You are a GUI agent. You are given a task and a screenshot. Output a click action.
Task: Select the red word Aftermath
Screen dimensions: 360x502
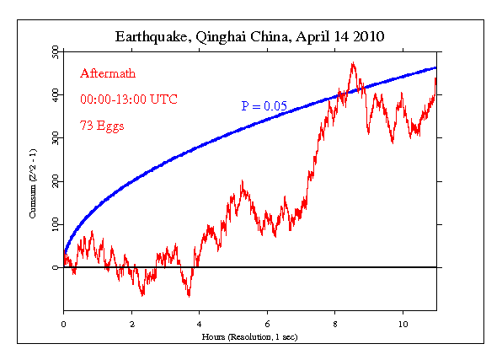coord(107,74)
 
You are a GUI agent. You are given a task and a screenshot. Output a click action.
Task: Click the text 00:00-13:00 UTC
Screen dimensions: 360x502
coord(125,100)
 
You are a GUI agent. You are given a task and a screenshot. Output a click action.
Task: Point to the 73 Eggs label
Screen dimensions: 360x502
coord(103,126)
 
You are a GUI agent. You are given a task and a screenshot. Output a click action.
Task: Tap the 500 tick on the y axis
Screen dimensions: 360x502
coord(54,52)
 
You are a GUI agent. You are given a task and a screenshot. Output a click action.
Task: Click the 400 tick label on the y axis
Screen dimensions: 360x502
coord(54,95)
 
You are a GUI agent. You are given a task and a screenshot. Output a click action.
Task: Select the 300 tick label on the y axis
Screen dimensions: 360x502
coord(54,138)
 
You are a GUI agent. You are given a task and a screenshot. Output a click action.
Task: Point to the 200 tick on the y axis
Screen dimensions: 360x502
coord(54,181)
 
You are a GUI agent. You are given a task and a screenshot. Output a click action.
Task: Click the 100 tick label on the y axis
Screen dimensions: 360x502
coord(54,224)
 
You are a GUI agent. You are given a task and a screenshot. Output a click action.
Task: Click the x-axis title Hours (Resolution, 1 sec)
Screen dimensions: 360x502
coord(250,336)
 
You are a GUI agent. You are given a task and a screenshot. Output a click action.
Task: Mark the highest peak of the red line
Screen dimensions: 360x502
coord(353,63)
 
